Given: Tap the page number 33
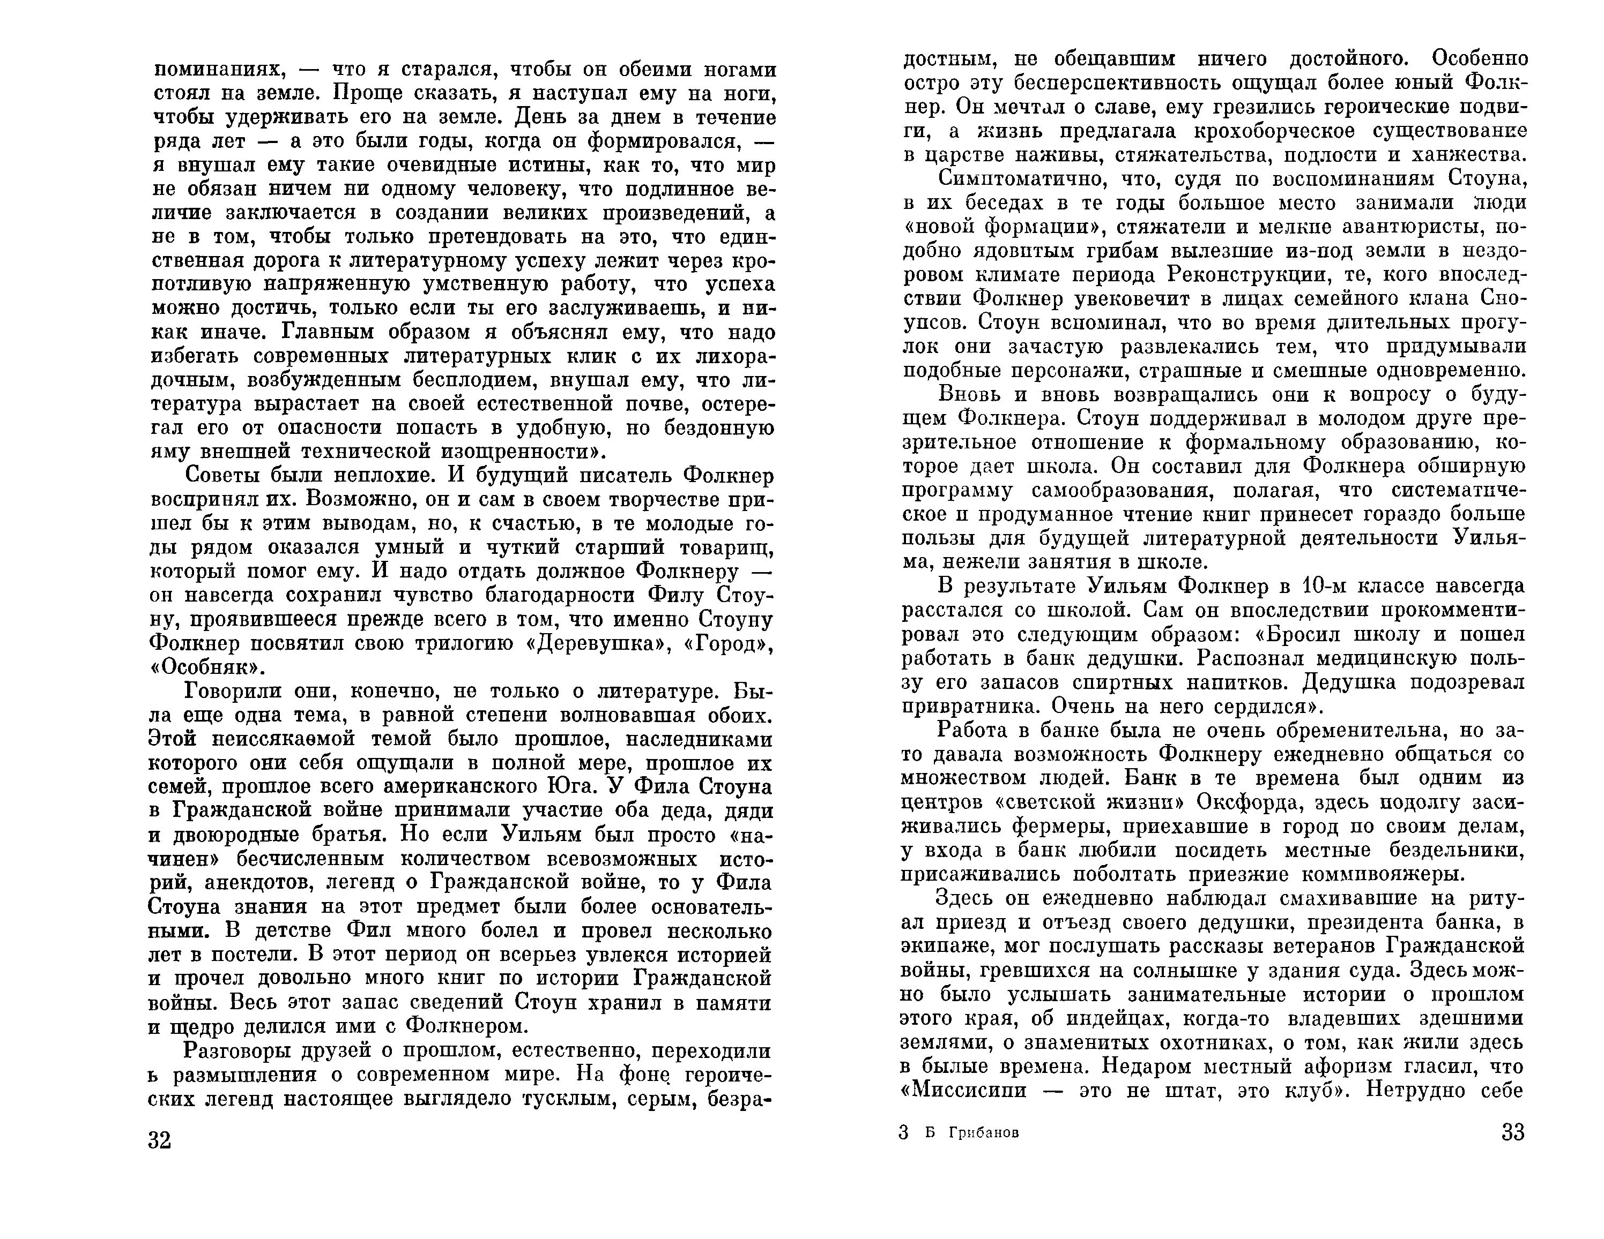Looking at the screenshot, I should tap(1513, 1132).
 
